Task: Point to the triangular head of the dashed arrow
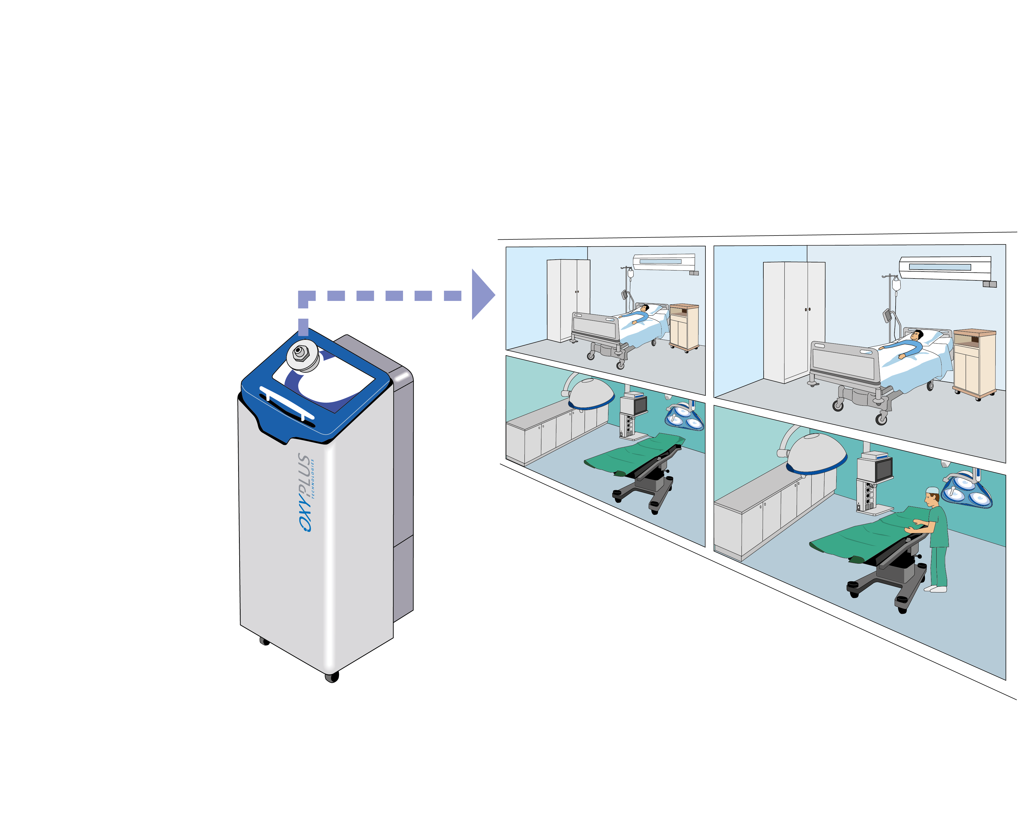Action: tap(482, 295)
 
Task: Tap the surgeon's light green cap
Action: tap(932, 490)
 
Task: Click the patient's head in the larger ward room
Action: tap(916, 335)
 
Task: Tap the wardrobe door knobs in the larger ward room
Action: tap(807, 310)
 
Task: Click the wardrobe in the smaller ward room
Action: tap(568, 300)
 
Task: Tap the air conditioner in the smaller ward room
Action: tap(664, 262)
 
